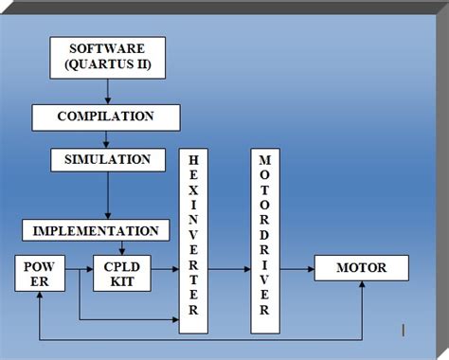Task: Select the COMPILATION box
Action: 106,117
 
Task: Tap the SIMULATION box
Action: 107,158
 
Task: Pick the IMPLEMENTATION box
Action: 96,230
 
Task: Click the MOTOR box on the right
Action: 361,269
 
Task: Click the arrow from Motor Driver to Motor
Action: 298,269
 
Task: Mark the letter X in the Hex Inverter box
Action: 192,190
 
